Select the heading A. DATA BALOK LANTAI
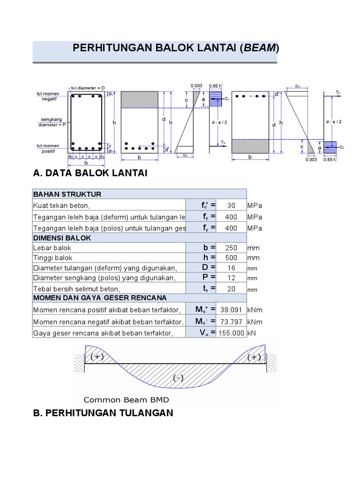(90, 173)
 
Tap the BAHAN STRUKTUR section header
(67, 194)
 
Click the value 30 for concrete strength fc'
(231, 205)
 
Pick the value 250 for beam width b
(231, 247)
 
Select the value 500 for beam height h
(231, 258)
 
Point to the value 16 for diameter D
(231, 268)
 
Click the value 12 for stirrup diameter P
(231, 278)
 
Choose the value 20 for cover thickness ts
(231, 289)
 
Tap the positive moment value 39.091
(231, 310)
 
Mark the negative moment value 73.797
(231, 322)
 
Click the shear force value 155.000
(231, 333)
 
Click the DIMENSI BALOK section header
(62, 238)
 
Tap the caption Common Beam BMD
(126, 400)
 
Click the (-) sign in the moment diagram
(178, 378)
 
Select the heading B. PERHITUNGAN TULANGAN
(103, 413)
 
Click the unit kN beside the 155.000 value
(252, 333)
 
